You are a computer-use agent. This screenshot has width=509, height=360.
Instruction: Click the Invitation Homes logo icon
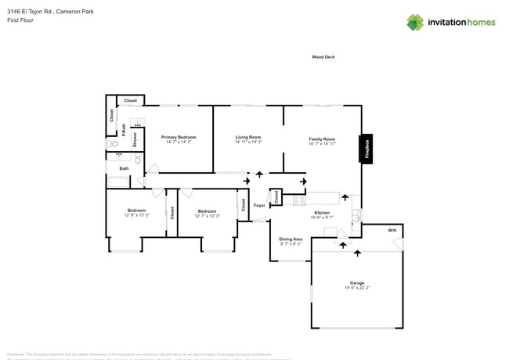415,22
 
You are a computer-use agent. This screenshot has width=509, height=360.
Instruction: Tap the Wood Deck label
323,57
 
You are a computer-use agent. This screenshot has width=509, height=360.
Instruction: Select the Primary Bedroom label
179,137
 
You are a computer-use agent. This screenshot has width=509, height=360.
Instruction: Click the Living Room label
248,137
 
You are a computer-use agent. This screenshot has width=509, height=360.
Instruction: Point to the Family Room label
322,139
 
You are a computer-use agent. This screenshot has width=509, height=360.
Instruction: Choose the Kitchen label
322,213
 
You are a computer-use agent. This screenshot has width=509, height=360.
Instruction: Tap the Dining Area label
291,239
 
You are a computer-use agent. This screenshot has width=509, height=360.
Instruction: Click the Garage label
356,283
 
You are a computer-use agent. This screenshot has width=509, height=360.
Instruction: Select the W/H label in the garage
392,230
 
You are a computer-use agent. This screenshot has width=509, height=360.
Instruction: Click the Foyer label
259,208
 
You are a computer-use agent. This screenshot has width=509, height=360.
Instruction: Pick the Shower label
135,139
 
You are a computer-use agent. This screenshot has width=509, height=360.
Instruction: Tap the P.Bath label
125,131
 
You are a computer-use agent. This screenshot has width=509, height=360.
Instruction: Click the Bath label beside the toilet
124,168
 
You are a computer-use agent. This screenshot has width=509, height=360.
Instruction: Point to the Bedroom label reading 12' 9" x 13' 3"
136,211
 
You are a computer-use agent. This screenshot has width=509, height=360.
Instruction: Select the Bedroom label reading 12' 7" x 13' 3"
207,211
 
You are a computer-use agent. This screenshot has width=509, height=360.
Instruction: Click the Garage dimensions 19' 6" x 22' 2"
356,288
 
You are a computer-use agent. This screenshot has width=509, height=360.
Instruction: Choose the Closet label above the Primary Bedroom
130,100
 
